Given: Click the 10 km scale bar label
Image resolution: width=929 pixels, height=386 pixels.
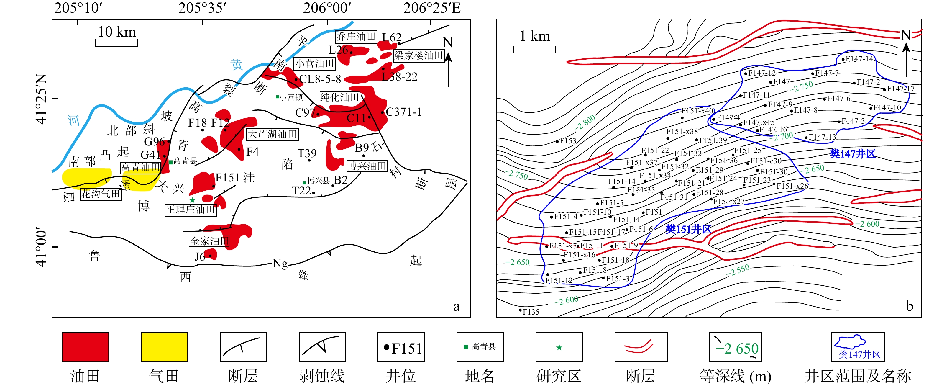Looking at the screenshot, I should click(x=117, y=32).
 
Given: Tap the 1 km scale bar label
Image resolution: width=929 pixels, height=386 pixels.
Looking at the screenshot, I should click(x=534, y=36).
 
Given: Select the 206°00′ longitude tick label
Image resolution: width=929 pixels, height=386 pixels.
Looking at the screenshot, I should click(x=327, y=8).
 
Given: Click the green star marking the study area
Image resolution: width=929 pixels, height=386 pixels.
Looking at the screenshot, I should click(x=192, y=200).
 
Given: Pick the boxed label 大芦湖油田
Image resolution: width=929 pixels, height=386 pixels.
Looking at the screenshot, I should click(x=272, y=134).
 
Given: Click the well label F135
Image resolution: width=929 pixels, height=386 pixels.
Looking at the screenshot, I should click(x=531, y=312).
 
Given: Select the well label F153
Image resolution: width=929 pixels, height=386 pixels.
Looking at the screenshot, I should click(x=568, y=141).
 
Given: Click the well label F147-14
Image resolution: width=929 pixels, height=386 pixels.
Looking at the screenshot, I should click(x=859, y=59).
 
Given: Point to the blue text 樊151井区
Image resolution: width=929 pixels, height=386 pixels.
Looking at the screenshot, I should click(x=688, y=229).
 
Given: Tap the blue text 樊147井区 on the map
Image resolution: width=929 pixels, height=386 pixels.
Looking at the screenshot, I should click(x=853, y=154).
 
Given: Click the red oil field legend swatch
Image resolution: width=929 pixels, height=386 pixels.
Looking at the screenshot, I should click(x=85, y=347).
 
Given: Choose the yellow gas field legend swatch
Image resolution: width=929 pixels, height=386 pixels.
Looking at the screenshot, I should click(x=164, y=347).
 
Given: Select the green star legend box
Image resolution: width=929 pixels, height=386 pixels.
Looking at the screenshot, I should click(x=559, y=347).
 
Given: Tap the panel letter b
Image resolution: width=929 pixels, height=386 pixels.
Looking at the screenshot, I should click(x=910, y=306).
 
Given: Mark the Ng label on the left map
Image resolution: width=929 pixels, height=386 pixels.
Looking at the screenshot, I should click(x=280, y=263).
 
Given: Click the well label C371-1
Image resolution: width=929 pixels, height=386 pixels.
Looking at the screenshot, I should click(x=403, y=112).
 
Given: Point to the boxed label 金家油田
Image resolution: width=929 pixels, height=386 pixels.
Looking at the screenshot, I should click(x=209, y=241).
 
